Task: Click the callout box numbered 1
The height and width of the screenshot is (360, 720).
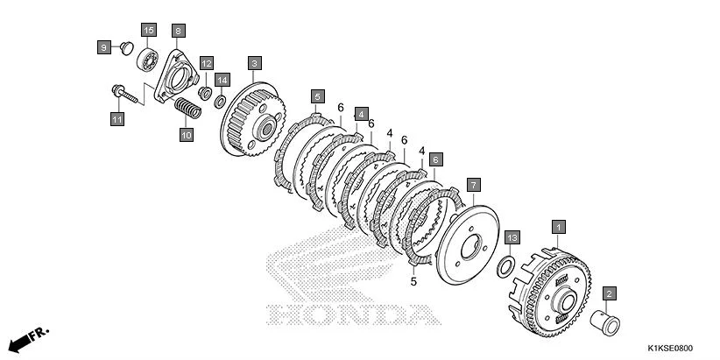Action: click(x=558, y=225)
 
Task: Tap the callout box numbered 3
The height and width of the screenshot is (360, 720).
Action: click(x=254, y=63)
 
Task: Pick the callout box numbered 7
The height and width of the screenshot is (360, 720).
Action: click(x=473, y=185)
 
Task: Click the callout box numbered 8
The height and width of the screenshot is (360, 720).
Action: click(x=178, y=31)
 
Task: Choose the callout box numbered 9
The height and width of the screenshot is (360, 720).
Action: click(x=104, y=46)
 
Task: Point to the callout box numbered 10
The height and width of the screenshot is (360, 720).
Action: click(x=185, y=135)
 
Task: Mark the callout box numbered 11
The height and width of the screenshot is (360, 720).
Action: click(x=116, y=118)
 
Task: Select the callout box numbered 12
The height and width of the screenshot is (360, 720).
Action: click(x=206, y=63)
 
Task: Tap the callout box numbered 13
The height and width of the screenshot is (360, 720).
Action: click(x=512, y=237)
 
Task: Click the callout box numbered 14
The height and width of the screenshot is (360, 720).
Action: click(x=222, y=79)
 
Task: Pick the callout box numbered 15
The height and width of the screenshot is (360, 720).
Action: click(x=148, y=31)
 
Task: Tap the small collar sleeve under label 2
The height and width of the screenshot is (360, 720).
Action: click(x=604, y=321)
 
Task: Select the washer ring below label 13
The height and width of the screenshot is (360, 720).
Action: click(x=506, y=266)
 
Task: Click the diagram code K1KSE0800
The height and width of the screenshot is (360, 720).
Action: click(x=676, y=349)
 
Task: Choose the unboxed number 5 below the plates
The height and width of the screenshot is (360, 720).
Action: click(x=413, y=282)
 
